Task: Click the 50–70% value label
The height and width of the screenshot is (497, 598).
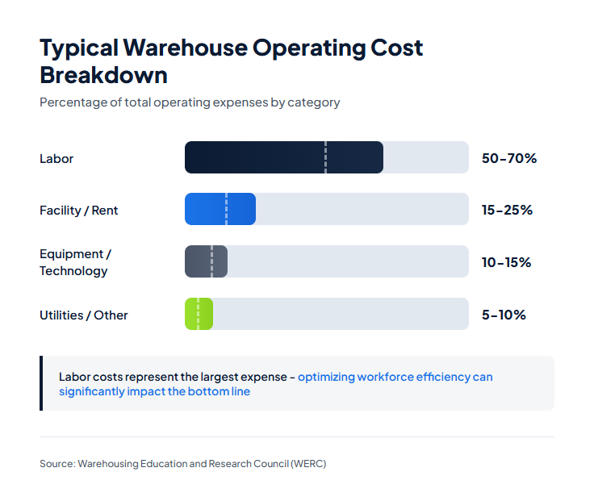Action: tap(508, 158)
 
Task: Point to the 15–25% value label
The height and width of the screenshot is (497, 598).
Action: tap(507, 210)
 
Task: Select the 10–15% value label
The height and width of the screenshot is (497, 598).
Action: tap(506, 262)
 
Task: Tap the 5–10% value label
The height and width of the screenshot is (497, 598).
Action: tap(504, 315)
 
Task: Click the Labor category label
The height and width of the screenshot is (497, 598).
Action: tap(56, 159)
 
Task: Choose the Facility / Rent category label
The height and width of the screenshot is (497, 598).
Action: tap(78, 211)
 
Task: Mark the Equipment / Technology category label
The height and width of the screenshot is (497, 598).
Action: tap(74, 262)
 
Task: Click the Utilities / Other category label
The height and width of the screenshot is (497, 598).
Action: tap(83, 315)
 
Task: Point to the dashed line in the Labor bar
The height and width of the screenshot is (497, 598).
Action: tap(325, 157)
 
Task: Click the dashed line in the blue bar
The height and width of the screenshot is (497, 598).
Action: tap(226, 209)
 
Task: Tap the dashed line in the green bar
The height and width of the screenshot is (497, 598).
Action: tap(198, 314)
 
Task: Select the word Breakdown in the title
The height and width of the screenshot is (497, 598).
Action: tap(103, 75)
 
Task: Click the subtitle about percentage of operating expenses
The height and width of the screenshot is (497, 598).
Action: tap(190, 102)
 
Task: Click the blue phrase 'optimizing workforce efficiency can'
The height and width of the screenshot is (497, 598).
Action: tap(395, 377)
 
